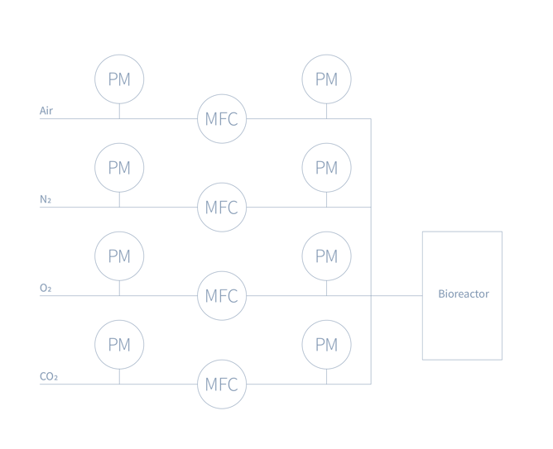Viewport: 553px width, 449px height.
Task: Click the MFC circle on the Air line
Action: point(222,119)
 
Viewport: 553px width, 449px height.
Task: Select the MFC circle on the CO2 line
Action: point(222,385)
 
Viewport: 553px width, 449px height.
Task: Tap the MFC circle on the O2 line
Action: point(222,295)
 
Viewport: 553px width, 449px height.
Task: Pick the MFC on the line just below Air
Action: point(222,207)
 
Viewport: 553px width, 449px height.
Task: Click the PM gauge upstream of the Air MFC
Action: point(119,79)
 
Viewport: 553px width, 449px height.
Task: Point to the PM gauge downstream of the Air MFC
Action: point(326,79)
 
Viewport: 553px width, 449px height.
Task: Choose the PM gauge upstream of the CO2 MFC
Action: point(119,344)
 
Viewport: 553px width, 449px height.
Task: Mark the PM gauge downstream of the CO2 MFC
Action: point(326,344)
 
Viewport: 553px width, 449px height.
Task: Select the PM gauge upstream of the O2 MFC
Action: point(119,256)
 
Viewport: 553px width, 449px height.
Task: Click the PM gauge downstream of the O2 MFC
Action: point(326,256)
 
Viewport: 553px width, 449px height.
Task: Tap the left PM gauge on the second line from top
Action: point(119,168)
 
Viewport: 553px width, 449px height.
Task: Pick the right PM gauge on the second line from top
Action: point(326,168)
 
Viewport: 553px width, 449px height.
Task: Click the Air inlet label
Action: point(46,110)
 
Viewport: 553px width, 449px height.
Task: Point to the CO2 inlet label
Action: point(49,376)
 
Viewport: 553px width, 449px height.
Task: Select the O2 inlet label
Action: point(46,287)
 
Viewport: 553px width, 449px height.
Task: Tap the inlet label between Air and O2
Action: point(46,198)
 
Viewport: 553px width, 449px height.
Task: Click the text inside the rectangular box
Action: point(463,294)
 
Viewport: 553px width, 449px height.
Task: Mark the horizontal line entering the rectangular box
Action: point(397,295)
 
